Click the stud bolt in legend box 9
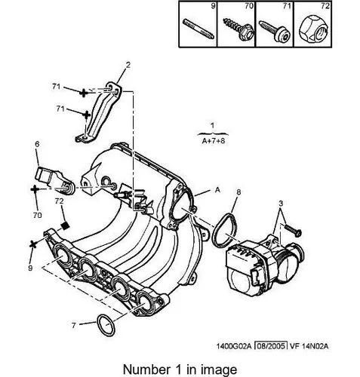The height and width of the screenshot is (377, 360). click(x=198, y=29)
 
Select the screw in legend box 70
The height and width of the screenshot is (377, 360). click(x=238, y=29)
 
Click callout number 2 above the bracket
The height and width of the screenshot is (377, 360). click(x=128, y=65)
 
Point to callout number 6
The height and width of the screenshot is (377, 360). click(x=37, y=144)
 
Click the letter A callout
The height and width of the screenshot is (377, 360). click(x=217, y=190)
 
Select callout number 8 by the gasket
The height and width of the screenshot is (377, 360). click(x=238, y=192)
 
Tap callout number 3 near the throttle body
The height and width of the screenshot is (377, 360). click(x=281, y=203)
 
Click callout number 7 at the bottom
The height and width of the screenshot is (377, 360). click(x=73, y=326)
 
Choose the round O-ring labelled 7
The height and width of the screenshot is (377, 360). click(x=106, y=325)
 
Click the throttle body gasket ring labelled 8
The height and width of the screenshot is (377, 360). click(x=225, y=231)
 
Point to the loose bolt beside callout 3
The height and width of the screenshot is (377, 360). click(x=293, y=230)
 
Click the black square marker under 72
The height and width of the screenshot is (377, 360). click(x=66, y=225)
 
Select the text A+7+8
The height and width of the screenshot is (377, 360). click(x=214, y=141)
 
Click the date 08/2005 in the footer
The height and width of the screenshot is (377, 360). click(x=271, y=346)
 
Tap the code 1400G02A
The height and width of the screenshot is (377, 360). click(x=234, y=346)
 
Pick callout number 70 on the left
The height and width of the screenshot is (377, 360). click(x=37, y=215)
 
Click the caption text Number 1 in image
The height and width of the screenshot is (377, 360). click(x=180, y=369)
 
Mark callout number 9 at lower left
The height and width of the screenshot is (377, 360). click(x=30, y=268)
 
